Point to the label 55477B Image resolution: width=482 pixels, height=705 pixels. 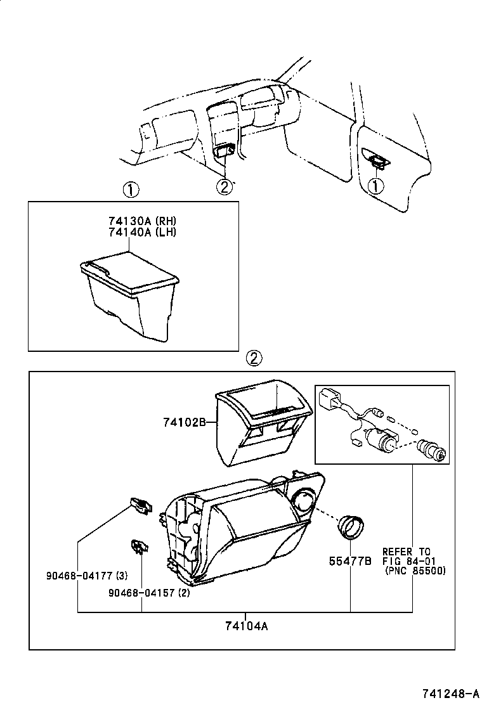pos(349,561)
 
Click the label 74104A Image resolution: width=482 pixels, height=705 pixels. pos(246,626)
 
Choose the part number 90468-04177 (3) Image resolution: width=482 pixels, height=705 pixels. pos(87,576)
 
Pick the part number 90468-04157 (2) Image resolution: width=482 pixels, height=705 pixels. pos(149,593)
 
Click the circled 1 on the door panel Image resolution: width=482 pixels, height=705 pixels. pos(376,185)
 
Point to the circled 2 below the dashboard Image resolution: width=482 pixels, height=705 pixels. pos(224,186)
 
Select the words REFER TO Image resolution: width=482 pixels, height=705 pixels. pos(406,552)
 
